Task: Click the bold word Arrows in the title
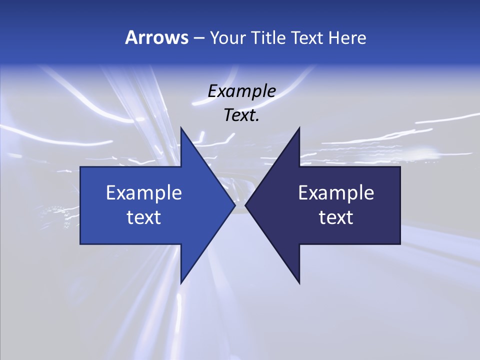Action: click(156, 37)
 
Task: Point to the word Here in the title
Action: click(347, 37)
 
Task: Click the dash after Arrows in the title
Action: click(198, 38)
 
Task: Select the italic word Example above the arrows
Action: click(242, 91)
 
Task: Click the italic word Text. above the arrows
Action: click(242, 115)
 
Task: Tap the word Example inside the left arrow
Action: click(144, 192)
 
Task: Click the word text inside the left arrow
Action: click(144, 217)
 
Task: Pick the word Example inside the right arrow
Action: click(336, 192)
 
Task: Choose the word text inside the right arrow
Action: click(336, 217)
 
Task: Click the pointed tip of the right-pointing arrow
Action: click(234, 205)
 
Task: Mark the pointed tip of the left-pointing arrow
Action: click(245, 205)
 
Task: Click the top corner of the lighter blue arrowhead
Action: click(181, 128)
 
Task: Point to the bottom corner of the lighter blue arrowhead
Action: click(181, 283)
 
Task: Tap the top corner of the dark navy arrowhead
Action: click(299, 128)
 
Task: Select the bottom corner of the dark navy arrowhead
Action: click(299, 283)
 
